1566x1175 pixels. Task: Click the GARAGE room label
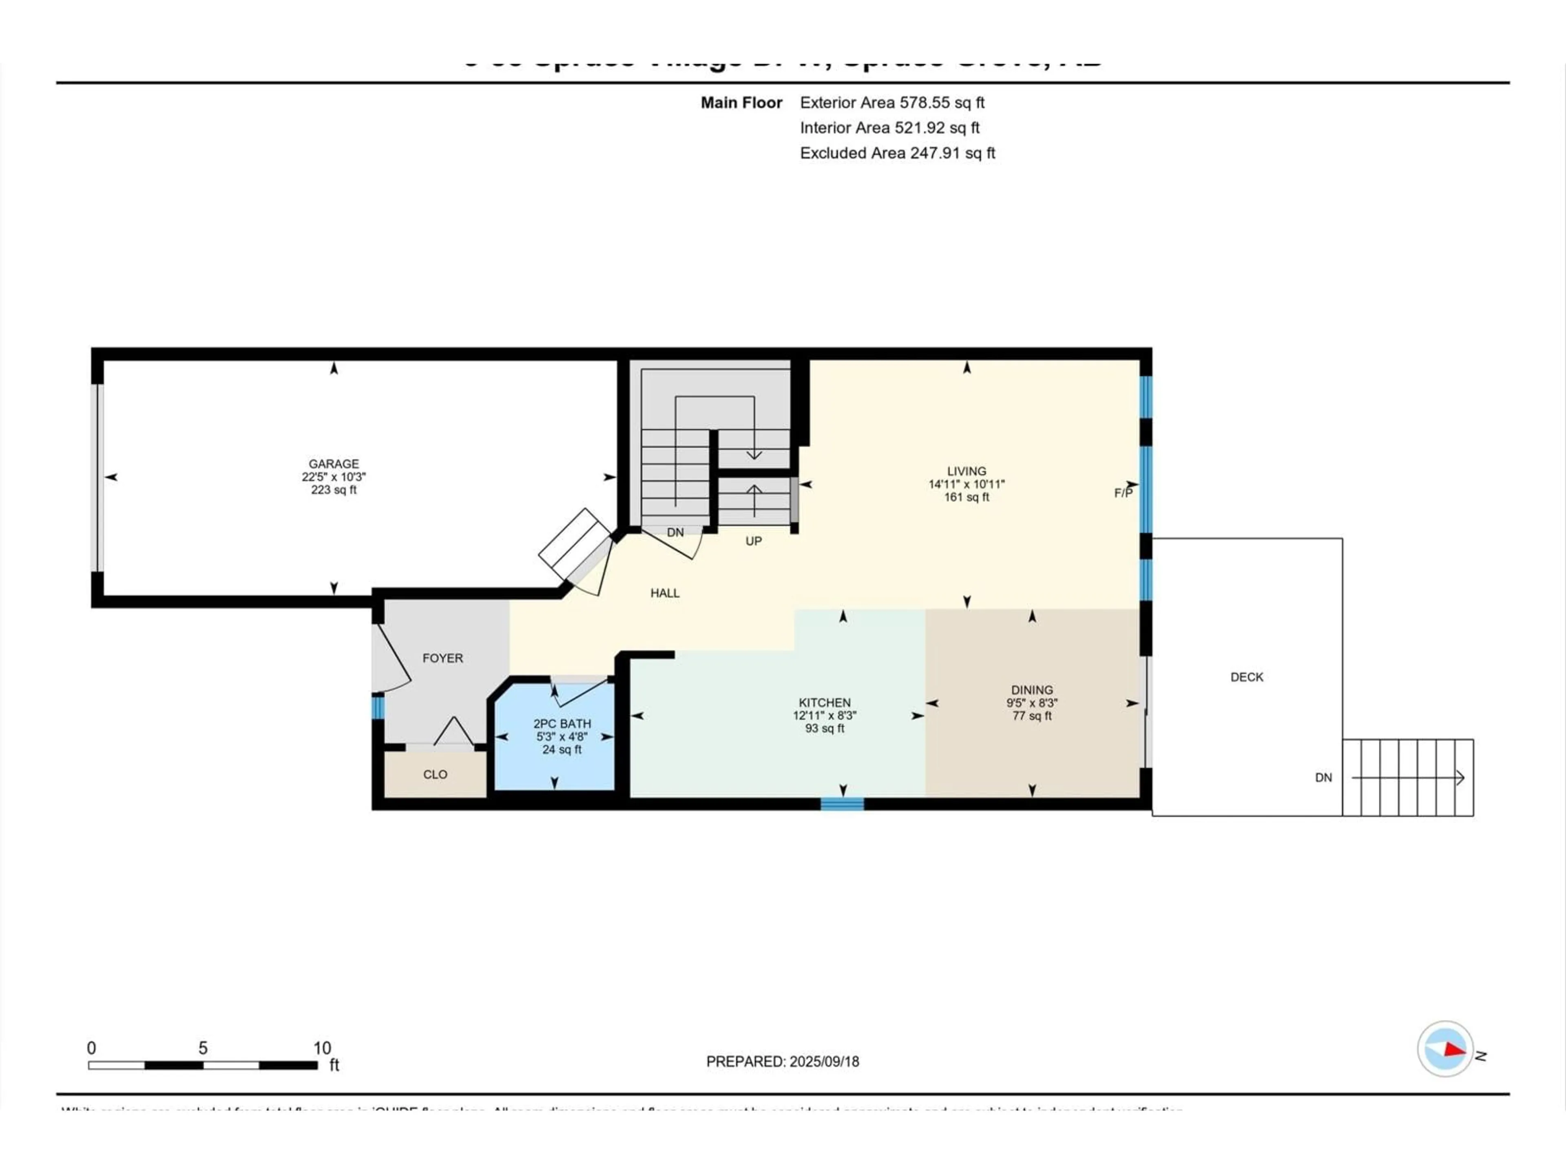pyautogui.click(x=334, y=464)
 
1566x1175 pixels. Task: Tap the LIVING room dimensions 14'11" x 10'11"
pyautogui.click(x=967, y=484)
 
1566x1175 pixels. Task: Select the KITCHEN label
pyautogui.click(x=825, y=703)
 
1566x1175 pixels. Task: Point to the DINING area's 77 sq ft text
pyautogui.click(x=1031, y=716)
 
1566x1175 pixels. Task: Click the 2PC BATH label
pyautogui.click(x=562, y=724)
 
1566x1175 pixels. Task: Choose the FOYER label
pyautogui.click(x=442, y=658)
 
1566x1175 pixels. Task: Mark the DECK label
pyautogui.click(x=1247, y=677)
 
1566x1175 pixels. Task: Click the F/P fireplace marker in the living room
pyautogui.click(x=1123, y=493)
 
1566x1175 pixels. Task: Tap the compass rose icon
pyautogui.click(x=1445, y=1049)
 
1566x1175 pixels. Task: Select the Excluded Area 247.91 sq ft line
pyautogui.click(x=897, y=153)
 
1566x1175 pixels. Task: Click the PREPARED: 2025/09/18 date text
pyautogui.click(x=782, y=1062)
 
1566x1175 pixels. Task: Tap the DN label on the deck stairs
pyautogui.click(x=1323, y=778)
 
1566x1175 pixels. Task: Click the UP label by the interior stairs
pyautogui.click(x=753, y=541)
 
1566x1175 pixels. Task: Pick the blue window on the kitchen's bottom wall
pyautogui.click(x=842, y=804)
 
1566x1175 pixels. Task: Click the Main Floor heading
pyautogui.click(x=741, y=103)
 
